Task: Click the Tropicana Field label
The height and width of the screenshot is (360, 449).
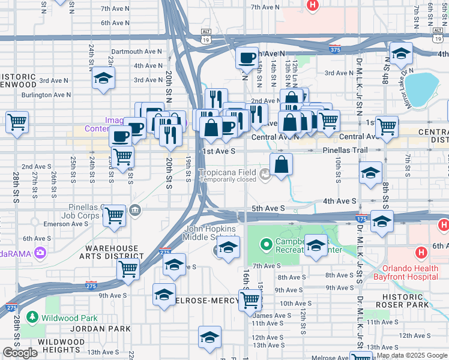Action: coord(229,172)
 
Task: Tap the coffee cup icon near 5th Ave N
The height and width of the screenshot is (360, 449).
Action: coord(247,58)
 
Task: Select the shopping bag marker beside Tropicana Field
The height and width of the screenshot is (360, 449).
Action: coord(281,163)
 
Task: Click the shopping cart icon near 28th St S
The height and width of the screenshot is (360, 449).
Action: coord(17,122)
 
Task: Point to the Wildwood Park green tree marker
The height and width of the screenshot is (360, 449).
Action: coord(32,317)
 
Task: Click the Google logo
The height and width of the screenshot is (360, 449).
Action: coord(20,353)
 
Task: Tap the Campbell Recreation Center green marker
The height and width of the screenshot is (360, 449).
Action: coord(267,244)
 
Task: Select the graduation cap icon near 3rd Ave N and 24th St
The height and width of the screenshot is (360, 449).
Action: coord(103,78)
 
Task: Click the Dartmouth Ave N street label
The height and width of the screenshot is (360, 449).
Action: coord(137,52)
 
